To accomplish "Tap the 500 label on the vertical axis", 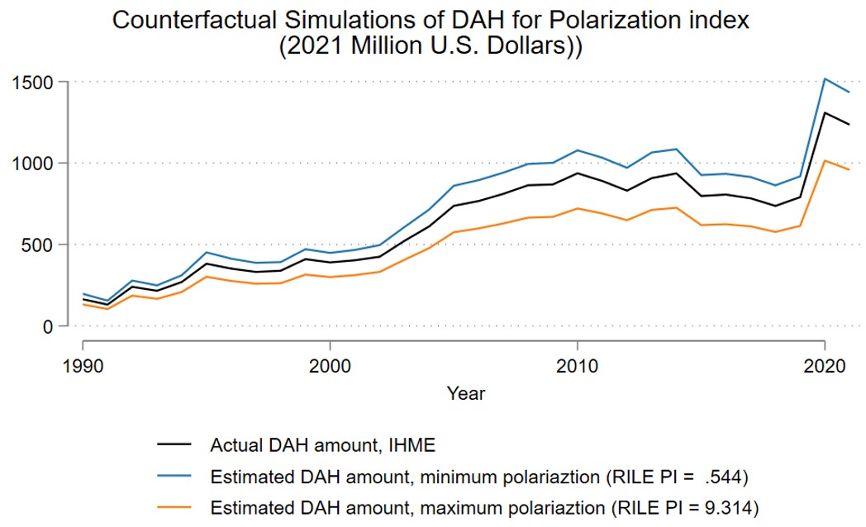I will point(38,245).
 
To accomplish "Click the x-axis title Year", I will point(466,393).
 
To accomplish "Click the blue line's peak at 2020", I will point(825,79).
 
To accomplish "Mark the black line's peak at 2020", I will point(825,112).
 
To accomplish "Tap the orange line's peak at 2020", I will point(825,161).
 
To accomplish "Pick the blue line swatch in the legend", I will point(174,476).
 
